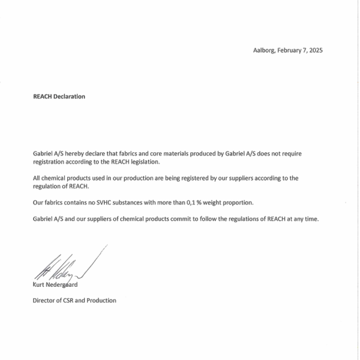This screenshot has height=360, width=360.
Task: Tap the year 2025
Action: click(314, 50)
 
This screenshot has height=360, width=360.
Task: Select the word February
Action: click(289, 50)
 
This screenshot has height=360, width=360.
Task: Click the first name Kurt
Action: click(38, 285)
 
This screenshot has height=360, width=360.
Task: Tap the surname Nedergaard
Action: click(62, 285)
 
